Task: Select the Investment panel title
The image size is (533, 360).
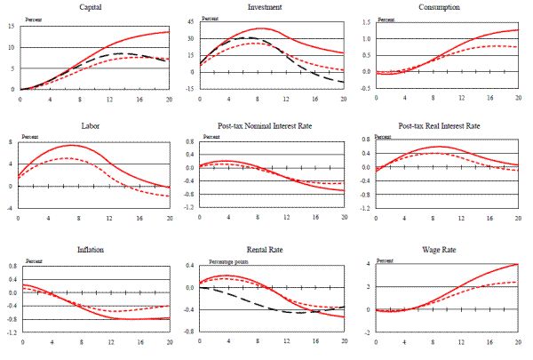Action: click(x=270, y=7)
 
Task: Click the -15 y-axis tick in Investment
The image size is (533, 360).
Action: click(x=188, y=89)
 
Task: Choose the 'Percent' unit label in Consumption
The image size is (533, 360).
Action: click(x=387, y=19)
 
